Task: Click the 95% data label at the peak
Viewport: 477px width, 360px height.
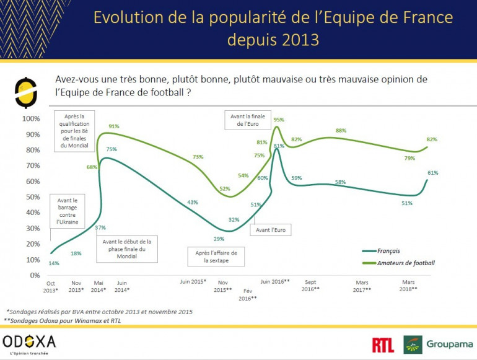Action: pyautogui.click(x=279, y=120)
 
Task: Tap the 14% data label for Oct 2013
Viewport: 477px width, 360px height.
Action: pyautogui.click(x=54, y=264)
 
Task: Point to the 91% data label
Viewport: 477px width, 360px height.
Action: pyautogui.click(x=114, y=126)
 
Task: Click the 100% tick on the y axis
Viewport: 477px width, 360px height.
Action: pyautogui.click(x=31, y=118)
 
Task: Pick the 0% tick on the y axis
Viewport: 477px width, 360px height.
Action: pyautogui.click(x=34, y=275)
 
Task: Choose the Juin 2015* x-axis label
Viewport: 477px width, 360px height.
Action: pyautogui.click(x=193, y=281)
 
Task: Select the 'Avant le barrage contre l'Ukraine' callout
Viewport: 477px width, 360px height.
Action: pyautogui.click(x=68, y=211)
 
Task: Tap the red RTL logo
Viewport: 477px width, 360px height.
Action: pyautogui.click(x=383, y=345)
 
